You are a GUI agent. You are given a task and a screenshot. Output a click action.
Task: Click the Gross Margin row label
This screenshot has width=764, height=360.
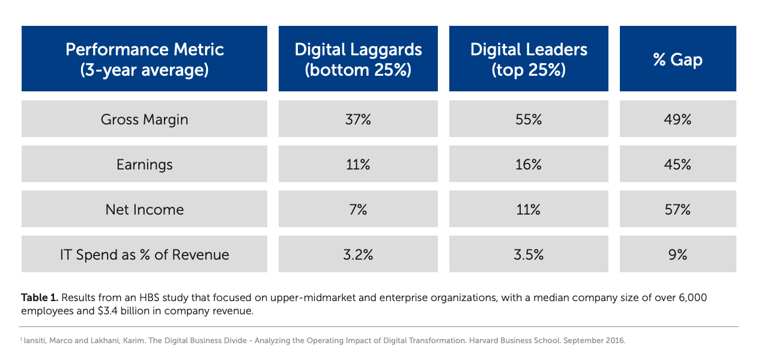point(144,119)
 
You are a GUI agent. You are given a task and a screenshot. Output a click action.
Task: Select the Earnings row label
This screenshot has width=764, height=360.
point(144,164)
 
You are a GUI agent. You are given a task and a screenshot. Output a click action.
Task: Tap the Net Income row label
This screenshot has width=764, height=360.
point(144,209)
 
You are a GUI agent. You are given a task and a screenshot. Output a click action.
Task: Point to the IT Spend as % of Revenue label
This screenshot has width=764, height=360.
point(144,254)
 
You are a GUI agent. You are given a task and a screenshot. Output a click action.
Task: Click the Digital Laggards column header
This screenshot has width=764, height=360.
point(358,59)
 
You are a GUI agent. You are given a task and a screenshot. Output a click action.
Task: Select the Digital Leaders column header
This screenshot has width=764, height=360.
point(529,59)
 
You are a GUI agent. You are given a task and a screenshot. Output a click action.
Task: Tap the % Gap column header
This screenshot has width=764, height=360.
point(678,59)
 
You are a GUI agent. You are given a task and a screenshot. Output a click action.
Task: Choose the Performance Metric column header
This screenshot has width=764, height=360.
point(144,59)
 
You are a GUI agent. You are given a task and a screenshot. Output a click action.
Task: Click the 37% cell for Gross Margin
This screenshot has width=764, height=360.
point(358,119)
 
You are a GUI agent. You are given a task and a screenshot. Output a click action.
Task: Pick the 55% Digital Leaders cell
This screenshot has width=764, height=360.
point(529,119)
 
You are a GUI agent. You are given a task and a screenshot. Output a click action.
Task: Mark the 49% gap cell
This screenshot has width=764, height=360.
point(678,119)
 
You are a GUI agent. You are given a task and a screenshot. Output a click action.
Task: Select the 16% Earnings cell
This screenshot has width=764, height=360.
point(529,164)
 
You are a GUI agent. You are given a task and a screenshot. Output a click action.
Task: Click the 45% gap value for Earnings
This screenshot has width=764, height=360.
point(678,164)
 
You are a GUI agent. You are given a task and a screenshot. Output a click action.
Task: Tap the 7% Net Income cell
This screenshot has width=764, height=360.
point(358,209)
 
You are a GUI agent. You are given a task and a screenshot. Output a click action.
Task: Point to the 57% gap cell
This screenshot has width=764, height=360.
point(678,209)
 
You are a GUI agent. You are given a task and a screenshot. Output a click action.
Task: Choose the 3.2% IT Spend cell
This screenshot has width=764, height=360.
point(358,254)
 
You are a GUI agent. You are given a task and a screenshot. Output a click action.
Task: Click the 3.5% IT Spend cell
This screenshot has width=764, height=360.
point(529,254)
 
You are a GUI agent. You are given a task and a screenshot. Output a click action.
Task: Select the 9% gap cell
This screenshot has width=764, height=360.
point(678,254)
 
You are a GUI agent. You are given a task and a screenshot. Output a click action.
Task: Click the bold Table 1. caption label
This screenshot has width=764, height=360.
point(40,297)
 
